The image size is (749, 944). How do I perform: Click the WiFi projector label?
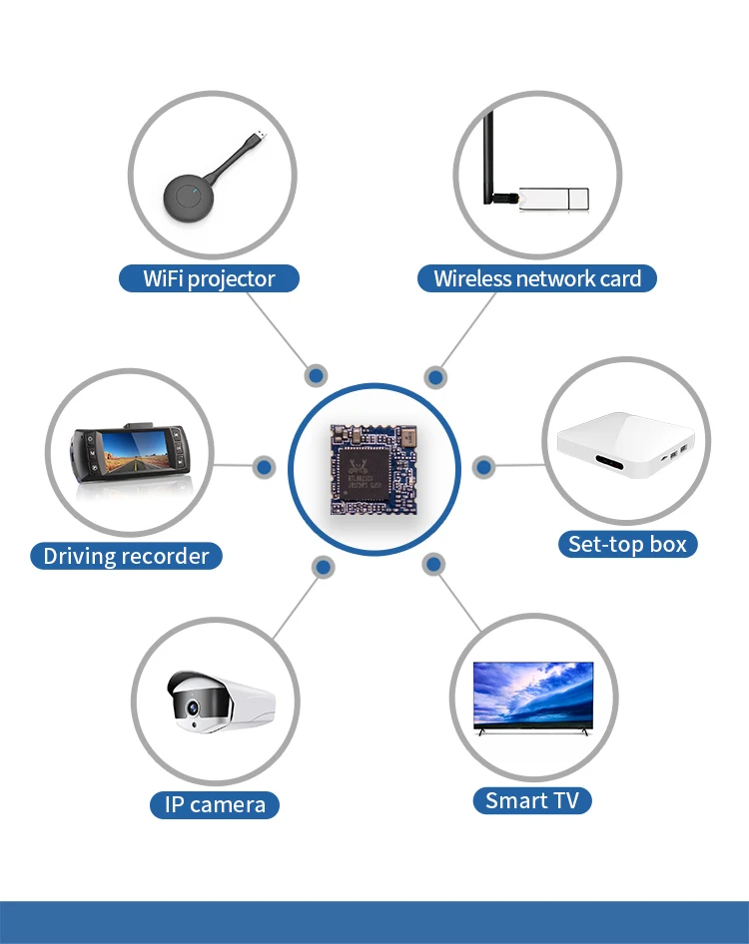coord(209,278)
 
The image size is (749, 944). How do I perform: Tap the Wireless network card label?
coord(537,278)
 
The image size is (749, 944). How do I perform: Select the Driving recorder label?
coord(126,556)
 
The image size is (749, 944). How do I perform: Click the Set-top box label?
coord(627,544)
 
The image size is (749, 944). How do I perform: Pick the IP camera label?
coord(215,804)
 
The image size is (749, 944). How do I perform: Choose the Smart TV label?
coord(531,800)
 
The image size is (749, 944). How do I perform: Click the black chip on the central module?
coord(365,470)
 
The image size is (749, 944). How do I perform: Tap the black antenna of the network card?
coord(490,160)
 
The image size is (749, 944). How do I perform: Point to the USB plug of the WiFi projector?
coord(259,136)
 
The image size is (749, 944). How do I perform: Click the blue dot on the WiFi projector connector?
coord(316,376)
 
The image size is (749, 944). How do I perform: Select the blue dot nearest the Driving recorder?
coord(265,466)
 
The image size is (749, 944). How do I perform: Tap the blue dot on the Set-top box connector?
coord(483,466)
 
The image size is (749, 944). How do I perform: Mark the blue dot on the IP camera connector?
coord(323,567)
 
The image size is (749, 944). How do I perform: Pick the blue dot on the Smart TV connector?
coord(433,565)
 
